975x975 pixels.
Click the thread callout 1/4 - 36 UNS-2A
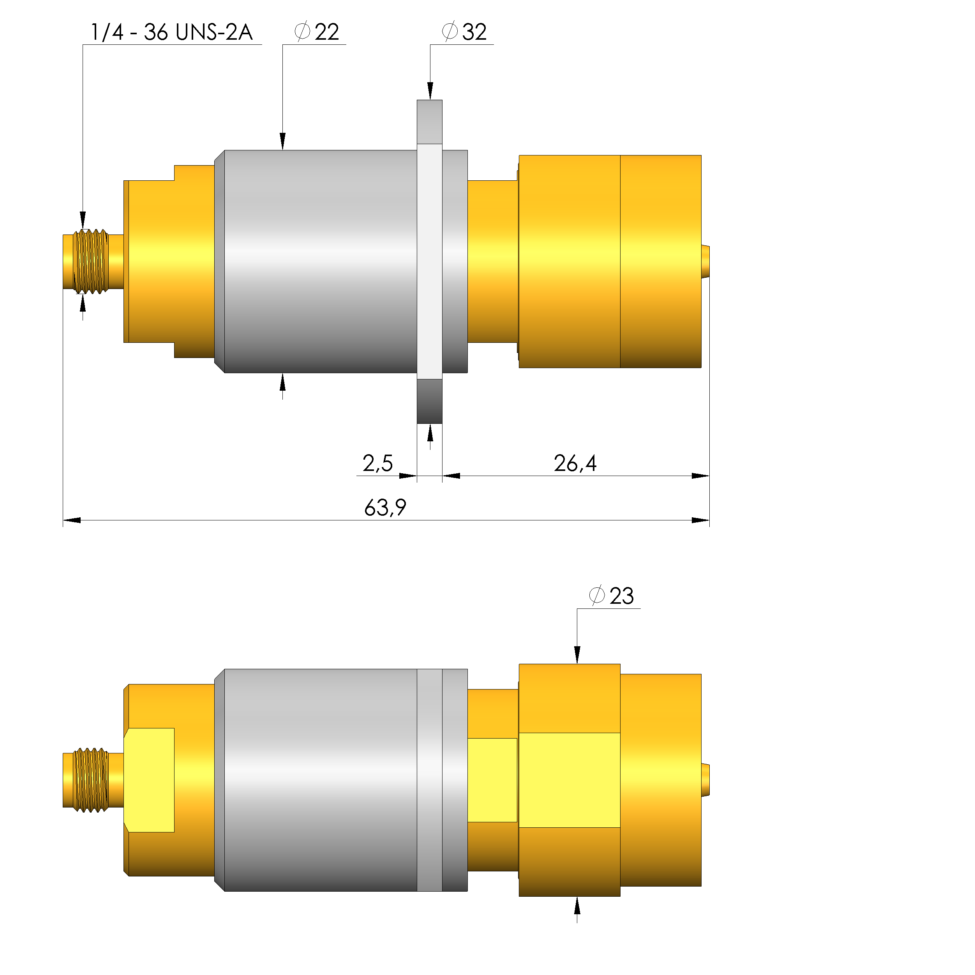pyautogui.click(x=171, y=32)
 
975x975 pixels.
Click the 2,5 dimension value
pyautogui.click(x=377, y=463)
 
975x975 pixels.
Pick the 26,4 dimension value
pyautogui.click(x=575, y=463)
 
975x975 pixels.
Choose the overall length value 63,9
pyautogui.click(x=385, y=508)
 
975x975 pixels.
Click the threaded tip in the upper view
pyautogui.click(x=91, y=261)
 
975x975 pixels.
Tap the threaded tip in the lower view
pyautogui.click(x=91, y=780)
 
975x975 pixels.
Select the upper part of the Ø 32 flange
pyautogui.click(x=430, y=121)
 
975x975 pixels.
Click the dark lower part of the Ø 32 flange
pyautogui.click(x=430, y=402)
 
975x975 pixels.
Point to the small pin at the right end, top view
pyautogui.click(x=705, y=261)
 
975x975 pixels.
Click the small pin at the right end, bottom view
pyautogui.click(x=705, y=780)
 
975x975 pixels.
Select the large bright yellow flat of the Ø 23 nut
pyautogui.click(x=569, y=780)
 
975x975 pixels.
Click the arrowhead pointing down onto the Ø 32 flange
pyautogui.click(x=430, y=91)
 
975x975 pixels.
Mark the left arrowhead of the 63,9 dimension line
pyautogui.click(x=72, y=520)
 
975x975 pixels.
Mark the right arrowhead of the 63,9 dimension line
pyautogui.click(x=700, y=520)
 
